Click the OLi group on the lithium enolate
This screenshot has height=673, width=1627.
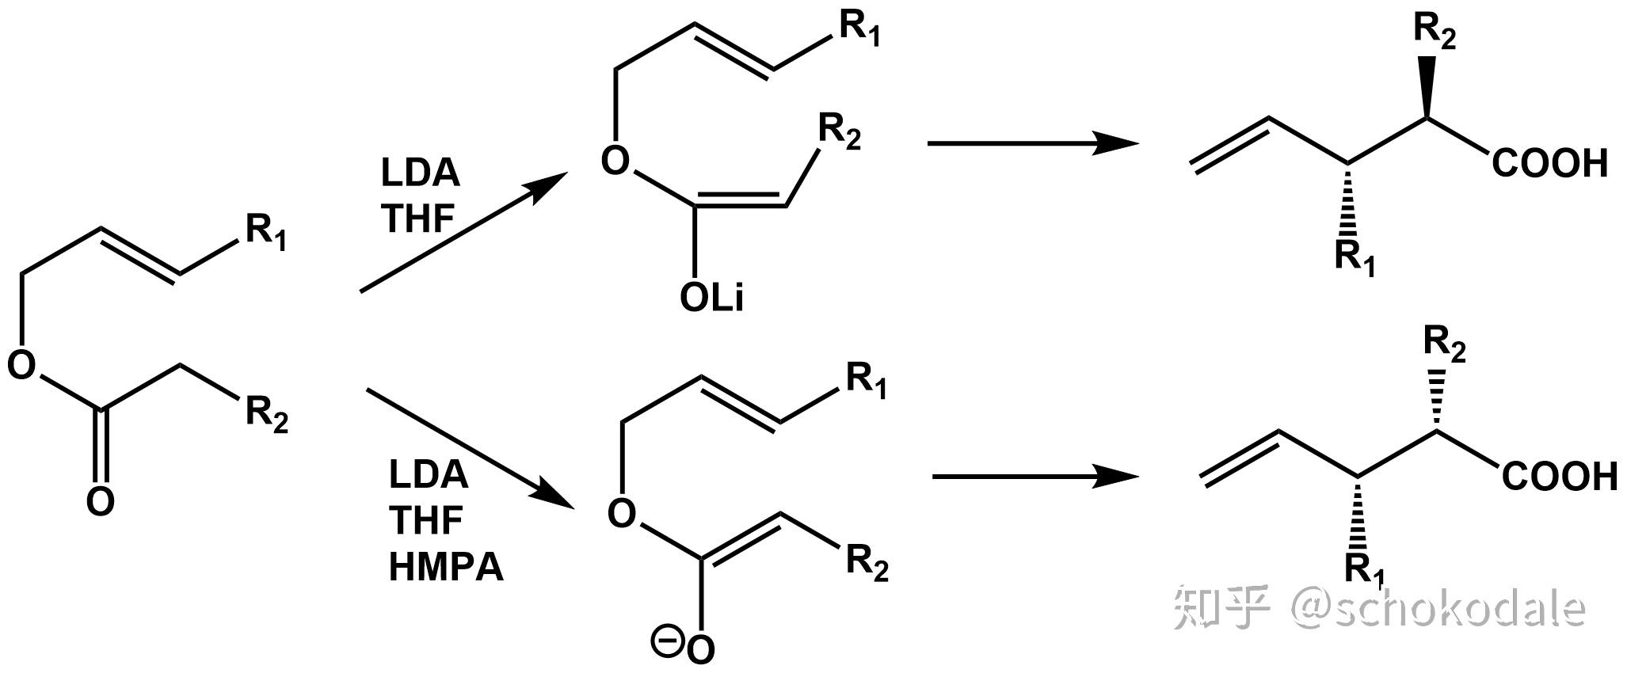pos(711,298)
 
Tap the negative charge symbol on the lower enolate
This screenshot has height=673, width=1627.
pos(663,638)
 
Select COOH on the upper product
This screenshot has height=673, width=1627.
pos(1550,164)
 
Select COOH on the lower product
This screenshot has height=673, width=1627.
pos(1559,477)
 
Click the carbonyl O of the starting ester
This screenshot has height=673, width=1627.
pos(100,502)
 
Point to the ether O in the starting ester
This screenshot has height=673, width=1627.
pos(21,365)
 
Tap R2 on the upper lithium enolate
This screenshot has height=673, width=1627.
pos(838,131)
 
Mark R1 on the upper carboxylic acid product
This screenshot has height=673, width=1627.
pos(1355,258)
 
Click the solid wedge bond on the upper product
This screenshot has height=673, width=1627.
pos(1428,87)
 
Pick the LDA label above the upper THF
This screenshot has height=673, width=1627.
pos(420,173)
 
